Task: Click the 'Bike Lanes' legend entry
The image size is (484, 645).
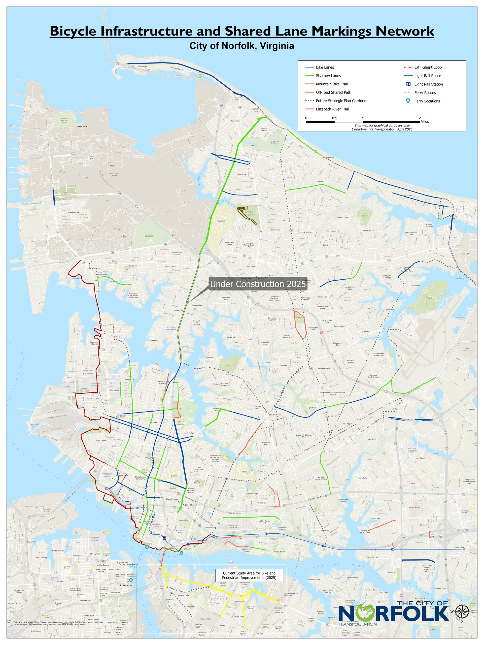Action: coord(325,67)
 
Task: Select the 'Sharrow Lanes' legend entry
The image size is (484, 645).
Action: coord(328,76)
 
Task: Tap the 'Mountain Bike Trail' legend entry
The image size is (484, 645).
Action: coord(331,84)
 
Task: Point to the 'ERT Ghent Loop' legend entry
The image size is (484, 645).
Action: coord(428,67)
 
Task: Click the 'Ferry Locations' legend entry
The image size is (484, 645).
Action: coord(427,101)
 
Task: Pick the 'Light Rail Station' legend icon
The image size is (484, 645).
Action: coord(408,84)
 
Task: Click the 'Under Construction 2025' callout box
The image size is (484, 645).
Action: coord(258,284)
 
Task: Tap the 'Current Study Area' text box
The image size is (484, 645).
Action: coord(249,575)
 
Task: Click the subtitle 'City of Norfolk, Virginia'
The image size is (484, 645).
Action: coord(242,46)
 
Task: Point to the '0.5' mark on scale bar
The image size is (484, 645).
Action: coord(334,118)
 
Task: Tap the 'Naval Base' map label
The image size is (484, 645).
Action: coord(82,127)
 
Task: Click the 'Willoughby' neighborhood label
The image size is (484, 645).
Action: coord(142,66)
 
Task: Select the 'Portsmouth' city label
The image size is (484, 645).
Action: coord(127,585)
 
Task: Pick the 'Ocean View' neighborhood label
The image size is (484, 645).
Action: coord(235,121)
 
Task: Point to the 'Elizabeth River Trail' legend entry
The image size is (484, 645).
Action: coord(332,109)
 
